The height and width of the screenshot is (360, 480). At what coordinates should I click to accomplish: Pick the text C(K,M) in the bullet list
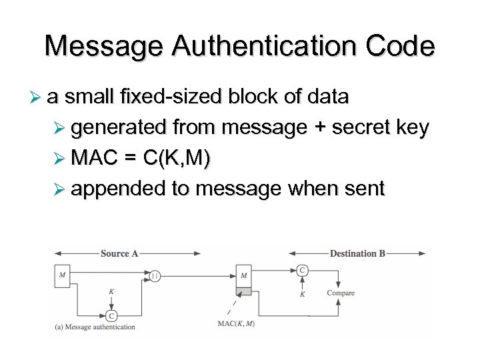pyautogui.click(x=176, y=158)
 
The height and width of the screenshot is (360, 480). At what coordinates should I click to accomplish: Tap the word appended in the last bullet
pyautogui.click(x=118, y=189)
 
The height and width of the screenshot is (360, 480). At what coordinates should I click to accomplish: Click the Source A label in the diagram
pyautogui.click(x=119, y=253)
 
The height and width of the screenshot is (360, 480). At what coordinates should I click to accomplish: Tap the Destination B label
pyautogui.click(x=357, y=253)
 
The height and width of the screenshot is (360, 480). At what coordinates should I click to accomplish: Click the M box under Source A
pyautogui.click(x=62, y=276)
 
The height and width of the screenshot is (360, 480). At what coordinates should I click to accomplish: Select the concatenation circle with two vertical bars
pyautogui.click(x=155, y=275)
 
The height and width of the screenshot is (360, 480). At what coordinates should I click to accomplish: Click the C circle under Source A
pyautogui.click(x=111, y=315)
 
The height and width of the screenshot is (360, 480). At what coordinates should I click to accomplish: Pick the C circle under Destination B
pyautogui.click(x=303, y=270)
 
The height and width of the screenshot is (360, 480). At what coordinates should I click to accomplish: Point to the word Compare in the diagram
pyautogui.click(x=341, y=293)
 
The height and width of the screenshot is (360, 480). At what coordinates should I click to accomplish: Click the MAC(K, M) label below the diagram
pyautogui.click(x=237, y=324)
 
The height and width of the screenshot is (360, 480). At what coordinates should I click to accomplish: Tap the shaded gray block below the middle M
pyautogui.click(x=244, y=291)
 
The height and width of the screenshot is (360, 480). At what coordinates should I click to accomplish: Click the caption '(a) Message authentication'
pyautogui.click(x=95, y=327)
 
